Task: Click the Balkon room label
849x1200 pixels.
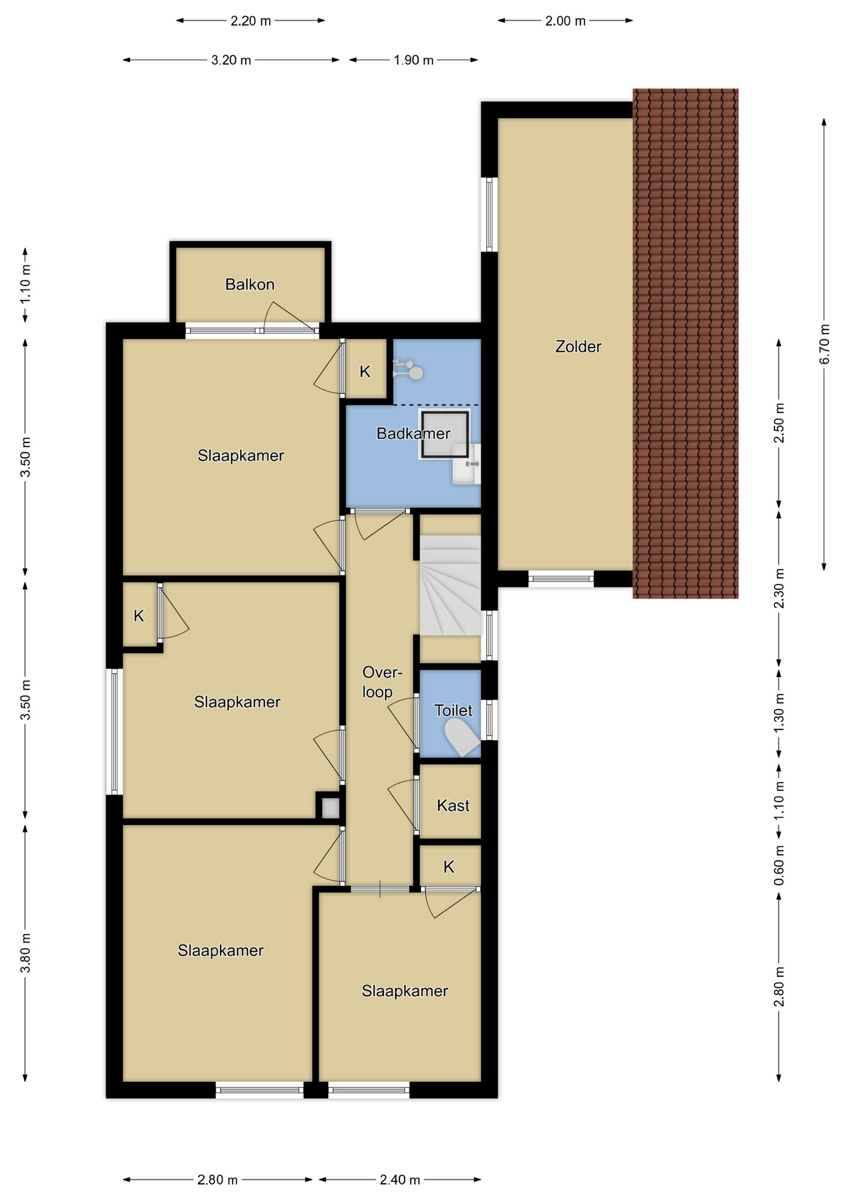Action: click(249, 284)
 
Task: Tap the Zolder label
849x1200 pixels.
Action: click(578, 346)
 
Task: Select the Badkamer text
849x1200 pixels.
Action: click(413, 433)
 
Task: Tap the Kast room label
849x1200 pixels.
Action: click(453, 805)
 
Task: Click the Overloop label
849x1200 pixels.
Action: click(382, 682)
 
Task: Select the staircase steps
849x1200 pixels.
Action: click(450, 585)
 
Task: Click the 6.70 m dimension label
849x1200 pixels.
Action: click(825, 344)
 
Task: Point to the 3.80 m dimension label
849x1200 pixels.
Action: click(26, 953)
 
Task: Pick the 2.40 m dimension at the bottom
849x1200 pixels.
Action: click(400, 1179)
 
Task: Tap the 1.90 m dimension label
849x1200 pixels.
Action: click(413, 60)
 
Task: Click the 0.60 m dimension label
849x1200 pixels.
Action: click(779, 865)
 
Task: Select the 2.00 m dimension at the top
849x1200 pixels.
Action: click(565, 21)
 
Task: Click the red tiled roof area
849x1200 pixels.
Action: click(685, 344)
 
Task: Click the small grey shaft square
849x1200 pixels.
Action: click(330, 808)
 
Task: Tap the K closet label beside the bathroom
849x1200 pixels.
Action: click(365, 372)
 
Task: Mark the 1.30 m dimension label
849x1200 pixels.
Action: click(779, 714)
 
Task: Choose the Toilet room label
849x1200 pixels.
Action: click(453, 710)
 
